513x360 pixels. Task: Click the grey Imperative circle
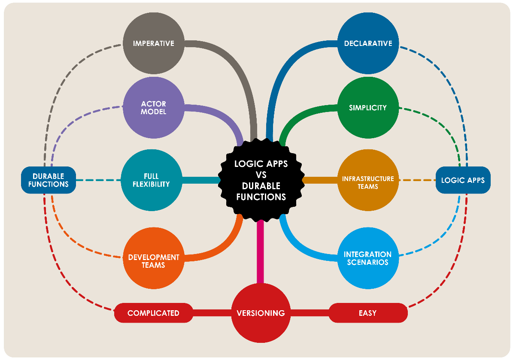[x=153, y=43]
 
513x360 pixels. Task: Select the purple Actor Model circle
[x=153, y=108]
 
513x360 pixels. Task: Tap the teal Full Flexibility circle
[x=151, y=180]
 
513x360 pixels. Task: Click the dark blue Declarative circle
[x=368, y=43]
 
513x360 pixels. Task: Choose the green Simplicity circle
[x=368, y=108]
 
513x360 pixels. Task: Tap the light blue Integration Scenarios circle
[x=368, y=258]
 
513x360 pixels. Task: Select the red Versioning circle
[x=261, y=313]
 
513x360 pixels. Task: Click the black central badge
[x=261, y=180]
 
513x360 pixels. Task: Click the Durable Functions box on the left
[x=49, y=180]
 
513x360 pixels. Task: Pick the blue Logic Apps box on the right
[x=463, y=180]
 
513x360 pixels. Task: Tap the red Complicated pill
[x=153, y=313]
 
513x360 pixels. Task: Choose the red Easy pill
[x=368, y=313]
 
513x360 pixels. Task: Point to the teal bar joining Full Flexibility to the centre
[x=201, y=180]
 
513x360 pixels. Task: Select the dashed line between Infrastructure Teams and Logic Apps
[x=417, y=180]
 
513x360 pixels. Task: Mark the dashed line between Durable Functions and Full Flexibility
[x=99, y=180]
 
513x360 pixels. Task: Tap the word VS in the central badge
[x=261, y=175]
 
